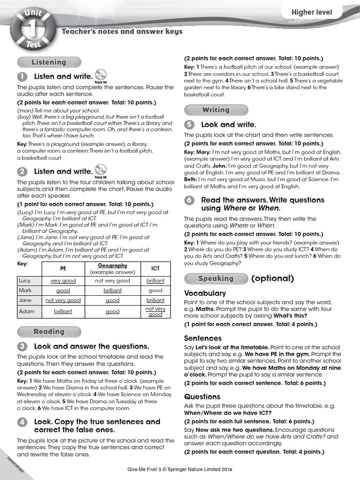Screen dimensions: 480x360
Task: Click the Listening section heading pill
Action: [49, 62]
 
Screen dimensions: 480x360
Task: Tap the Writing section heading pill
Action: [216, 110]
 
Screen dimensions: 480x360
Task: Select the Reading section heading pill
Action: [49, 332]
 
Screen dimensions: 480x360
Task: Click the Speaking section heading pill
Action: [216, 278]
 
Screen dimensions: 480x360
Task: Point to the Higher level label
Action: [312, 13]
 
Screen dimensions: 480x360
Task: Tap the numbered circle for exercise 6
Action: [189, 200]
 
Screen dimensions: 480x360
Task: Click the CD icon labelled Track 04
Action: [100, 75]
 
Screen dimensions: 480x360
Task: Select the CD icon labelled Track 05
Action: [100, 170]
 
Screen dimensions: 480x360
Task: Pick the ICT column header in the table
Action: [155, 269]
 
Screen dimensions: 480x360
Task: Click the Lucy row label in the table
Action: [24, 281]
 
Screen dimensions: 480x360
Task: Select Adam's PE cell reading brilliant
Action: [63, 311]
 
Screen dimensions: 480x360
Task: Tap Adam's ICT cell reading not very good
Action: [155, 311]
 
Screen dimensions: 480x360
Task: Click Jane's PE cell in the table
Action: [63, 300]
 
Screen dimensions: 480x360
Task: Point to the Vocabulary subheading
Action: [205, 293]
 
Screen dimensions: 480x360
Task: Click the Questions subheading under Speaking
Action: [202, 397]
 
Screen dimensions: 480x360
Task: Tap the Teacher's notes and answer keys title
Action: [122, 31]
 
